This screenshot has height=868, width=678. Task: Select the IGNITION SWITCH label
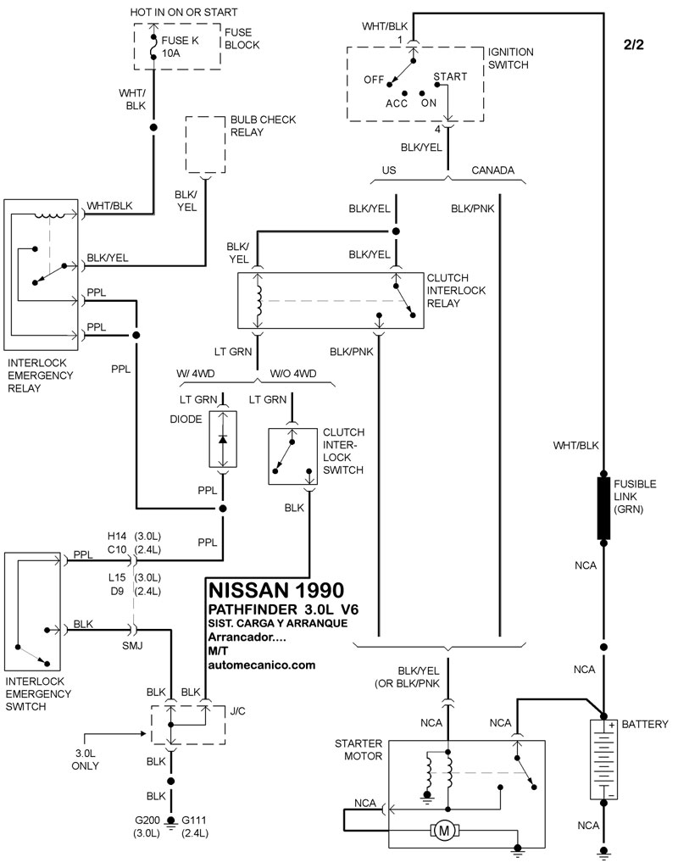coord(511,58)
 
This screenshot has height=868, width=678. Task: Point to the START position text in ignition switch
coord(450,77)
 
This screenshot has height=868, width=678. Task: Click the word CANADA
coord(492,170)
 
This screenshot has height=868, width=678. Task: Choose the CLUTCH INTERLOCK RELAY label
coord(457,291)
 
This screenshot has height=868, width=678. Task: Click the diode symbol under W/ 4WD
coord(223,439)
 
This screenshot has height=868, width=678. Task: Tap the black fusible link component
coord(603,509)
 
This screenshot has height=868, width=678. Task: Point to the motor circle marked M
coord(442,832)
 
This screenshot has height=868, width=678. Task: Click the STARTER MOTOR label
coord(360,749)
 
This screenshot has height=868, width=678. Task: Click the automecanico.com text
coord(261,665)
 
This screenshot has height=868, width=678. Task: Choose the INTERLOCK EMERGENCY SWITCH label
coord(39,693)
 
